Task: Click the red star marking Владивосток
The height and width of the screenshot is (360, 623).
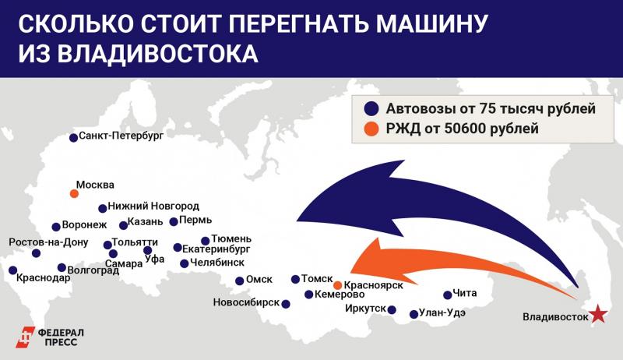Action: [x=597, y=314]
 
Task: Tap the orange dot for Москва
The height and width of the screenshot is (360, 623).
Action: [x=74, y=193]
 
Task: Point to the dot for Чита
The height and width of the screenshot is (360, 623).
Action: [x=448, y=295]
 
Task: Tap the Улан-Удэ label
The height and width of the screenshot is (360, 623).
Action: [x=442, y=313]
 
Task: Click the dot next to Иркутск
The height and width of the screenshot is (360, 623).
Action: [x=393, y=309]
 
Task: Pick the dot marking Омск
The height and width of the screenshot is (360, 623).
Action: [x=240, y=281]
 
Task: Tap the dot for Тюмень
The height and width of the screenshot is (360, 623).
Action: [x=206, y=241]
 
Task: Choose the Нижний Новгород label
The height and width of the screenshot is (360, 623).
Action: [x=153, y=206]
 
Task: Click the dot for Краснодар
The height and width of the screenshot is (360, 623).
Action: [x=12, y=270]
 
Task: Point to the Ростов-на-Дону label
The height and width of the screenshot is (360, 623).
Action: [x=49, y=242]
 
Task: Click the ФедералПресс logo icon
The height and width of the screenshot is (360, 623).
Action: [x=26, y=337]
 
